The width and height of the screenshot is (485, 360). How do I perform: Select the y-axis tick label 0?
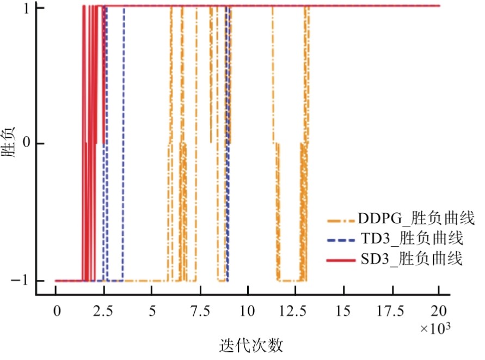click(x=25, y=144)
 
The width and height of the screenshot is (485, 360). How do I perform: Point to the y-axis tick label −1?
click(x=22, y=281)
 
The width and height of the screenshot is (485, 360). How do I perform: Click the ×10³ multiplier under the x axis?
click(x=433, y=328)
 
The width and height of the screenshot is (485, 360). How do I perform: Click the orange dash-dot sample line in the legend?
click(x=341, y=221)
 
